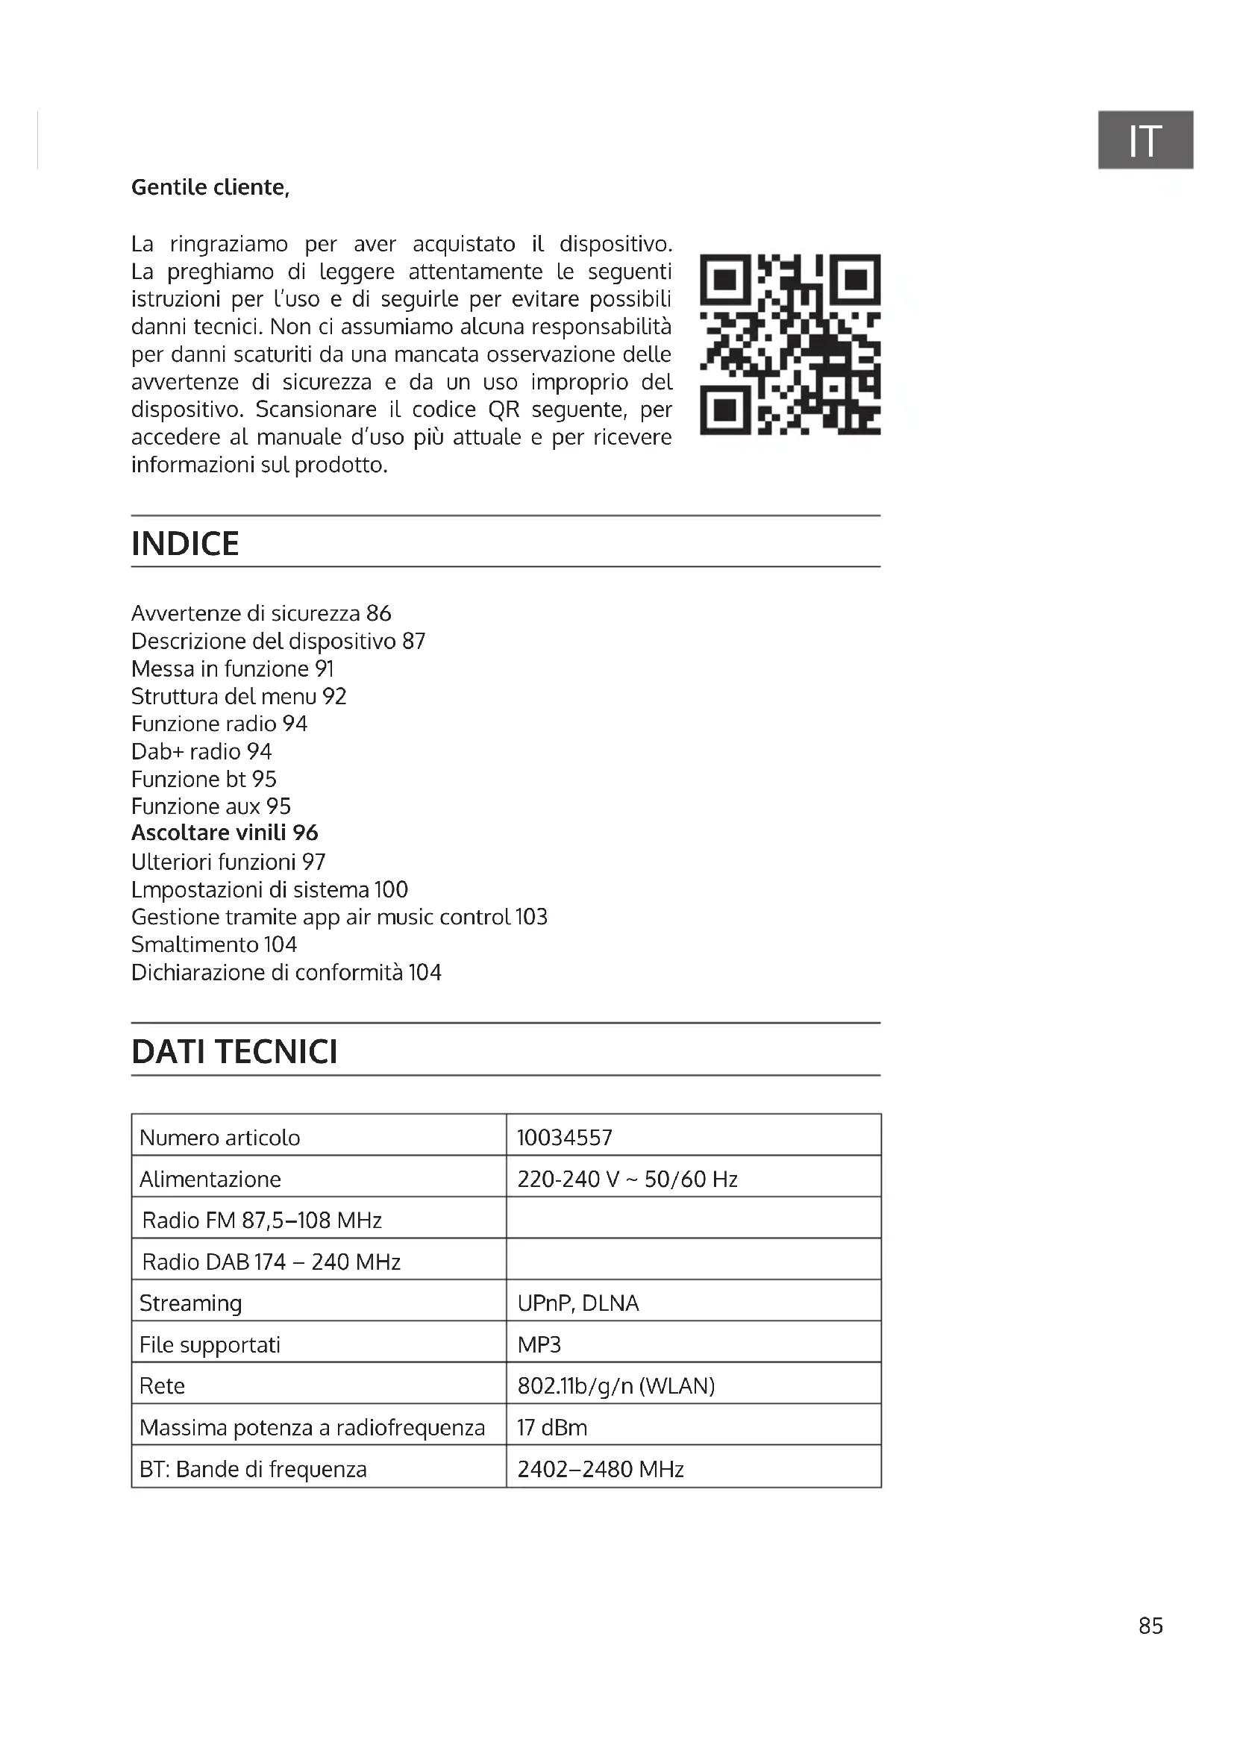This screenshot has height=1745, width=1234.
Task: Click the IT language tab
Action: coord(1144,140)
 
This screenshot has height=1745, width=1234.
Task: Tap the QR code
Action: coord(789,344)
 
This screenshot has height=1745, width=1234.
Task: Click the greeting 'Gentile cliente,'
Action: coord(210,187)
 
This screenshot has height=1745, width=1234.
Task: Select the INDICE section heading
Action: coord(186,543)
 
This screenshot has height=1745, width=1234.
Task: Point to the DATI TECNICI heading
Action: coord(234,1051)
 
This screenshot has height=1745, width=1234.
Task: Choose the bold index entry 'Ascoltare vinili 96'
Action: coord(224,833)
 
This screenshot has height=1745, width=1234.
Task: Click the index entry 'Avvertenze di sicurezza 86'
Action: coord(260,613)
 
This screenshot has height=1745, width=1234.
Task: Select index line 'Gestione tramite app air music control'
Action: coord(339,917)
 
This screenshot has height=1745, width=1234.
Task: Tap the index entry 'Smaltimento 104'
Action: coord(213,944)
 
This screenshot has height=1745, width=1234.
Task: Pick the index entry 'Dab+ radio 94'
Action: coord(201,751)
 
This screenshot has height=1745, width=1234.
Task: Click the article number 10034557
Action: coord(565,1137)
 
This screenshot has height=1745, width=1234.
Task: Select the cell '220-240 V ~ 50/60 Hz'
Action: coord(627,1179)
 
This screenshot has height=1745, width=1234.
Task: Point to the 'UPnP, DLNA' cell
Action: coord(577,1303)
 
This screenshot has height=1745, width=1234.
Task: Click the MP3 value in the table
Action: coord(539,1344)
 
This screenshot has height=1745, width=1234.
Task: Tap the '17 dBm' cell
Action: coord(551,1427)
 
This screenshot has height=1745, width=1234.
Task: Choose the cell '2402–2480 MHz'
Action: coord(601,1469)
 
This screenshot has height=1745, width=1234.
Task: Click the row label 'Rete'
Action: coord(162,1385)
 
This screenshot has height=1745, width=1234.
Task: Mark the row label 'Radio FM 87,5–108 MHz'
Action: coord(261,1220)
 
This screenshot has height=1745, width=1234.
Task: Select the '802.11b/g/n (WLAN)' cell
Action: coord(616,1385)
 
